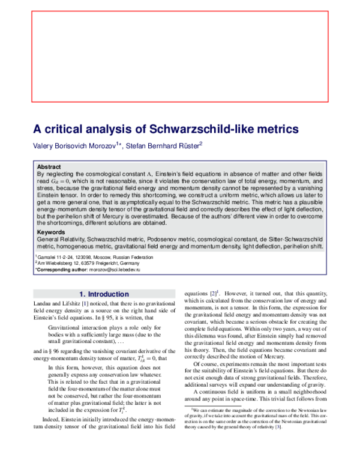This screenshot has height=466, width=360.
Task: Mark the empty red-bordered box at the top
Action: tap(179, 57)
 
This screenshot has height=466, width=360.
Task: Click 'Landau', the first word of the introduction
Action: tap(42, 306)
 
